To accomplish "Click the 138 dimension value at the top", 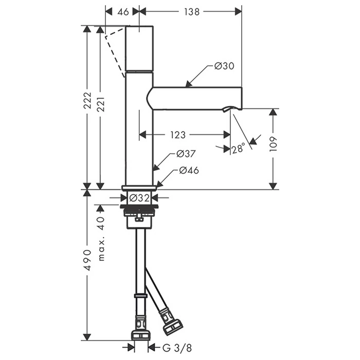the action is tap(192, 12).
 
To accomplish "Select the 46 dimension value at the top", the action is tap(123, 12).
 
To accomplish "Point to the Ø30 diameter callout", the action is tap(224, 66).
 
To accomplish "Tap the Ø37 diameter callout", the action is tap(186, 153).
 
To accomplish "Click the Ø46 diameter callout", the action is tap(189, 170).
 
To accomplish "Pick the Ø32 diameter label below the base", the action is tap(139, 197).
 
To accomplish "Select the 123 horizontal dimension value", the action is tap(178, 135).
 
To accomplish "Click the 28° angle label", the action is tap(239, 149).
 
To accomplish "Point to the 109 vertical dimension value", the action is tap(273, 144).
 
